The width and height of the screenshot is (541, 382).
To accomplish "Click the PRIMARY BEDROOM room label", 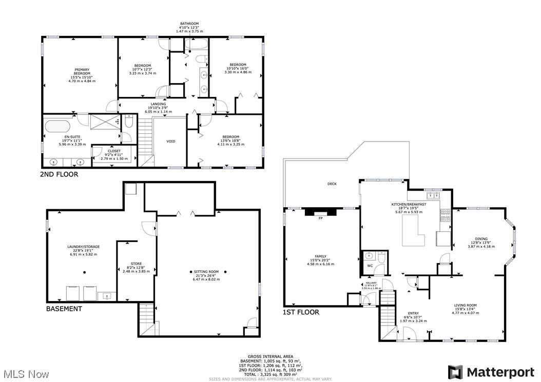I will coord(82,75).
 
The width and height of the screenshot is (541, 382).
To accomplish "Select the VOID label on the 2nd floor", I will coord(171,141).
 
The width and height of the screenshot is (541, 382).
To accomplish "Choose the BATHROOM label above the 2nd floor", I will coord(189,27).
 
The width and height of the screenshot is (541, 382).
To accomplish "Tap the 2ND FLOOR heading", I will coord(59,175).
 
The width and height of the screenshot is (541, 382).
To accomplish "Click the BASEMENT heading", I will coord(64,309).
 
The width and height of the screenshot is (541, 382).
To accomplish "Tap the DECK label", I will coord(332,184).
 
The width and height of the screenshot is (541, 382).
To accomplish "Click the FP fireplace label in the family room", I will coord(320,218).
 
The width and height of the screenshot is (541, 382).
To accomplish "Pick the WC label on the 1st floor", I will coord(370,266).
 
